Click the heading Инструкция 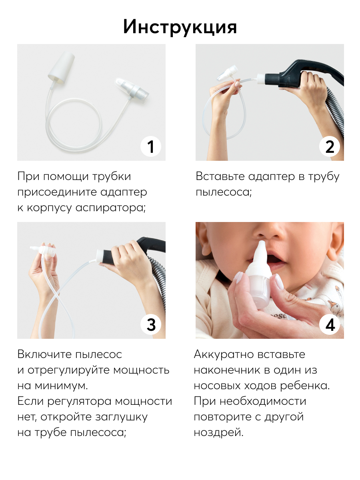pos(180,27)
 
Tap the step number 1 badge pos(151,146)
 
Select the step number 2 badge pos(329,146)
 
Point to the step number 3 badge pos(151,324)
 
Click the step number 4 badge pos(329,324)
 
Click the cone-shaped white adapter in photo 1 pos(61,68)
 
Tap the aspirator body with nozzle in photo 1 pos(132,90)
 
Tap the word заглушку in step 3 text pos(121,417)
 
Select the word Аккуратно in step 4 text pos(224,354)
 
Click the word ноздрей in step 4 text pos(218,432)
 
